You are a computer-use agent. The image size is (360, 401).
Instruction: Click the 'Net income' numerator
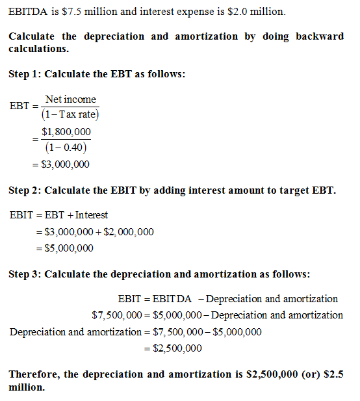[x=71, y=99]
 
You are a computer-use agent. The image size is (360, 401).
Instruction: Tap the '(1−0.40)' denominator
[x=66, y=148]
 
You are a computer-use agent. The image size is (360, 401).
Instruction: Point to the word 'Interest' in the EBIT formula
[x=92, y=215]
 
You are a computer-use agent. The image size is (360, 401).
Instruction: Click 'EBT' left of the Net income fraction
[x=19, y=107]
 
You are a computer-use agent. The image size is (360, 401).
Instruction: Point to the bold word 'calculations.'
[x=38, y=48]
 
